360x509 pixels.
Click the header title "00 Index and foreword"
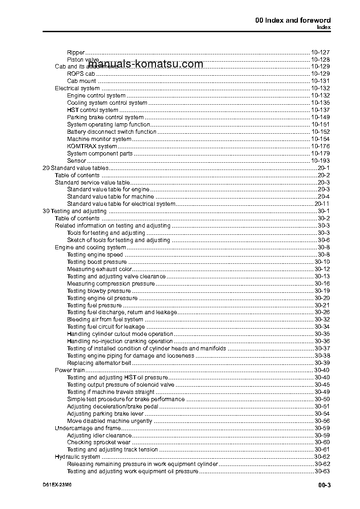pos(293,20)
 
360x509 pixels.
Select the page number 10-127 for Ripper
pos(320,52)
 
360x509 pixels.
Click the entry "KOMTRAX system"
pos(92,146)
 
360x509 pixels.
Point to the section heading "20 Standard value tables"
pos(75,168)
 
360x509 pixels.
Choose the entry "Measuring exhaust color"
pos(99,269)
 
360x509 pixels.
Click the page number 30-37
pos(322,348)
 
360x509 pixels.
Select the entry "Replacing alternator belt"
pos(99,363)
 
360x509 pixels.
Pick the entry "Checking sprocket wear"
pos(99,442)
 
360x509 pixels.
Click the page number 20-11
pos(322,204)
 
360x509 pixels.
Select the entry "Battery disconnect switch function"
pos(112,131)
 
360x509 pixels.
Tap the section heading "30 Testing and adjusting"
pos(74,211)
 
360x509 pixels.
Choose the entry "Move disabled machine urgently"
pos(110,421)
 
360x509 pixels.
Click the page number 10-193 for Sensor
pos(320,160)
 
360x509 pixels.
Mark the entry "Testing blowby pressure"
pos(99,291)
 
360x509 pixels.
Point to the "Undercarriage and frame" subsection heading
pos(88,428)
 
